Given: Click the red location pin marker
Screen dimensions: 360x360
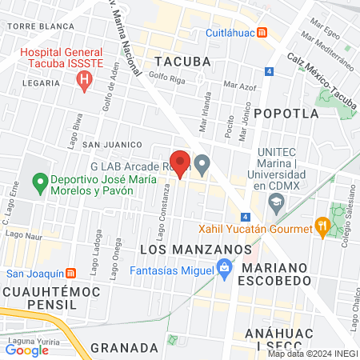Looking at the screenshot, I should point(181,162).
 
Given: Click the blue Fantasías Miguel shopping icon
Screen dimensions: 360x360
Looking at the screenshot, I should point(225,273).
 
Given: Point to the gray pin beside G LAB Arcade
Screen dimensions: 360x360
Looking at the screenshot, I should point(202,165).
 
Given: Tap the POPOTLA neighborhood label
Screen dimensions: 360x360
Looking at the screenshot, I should point(286,114).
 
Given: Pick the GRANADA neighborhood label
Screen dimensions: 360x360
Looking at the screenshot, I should point(124,347).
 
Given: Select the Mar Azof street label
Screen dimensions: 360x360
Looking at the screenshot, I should point(240,84).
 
